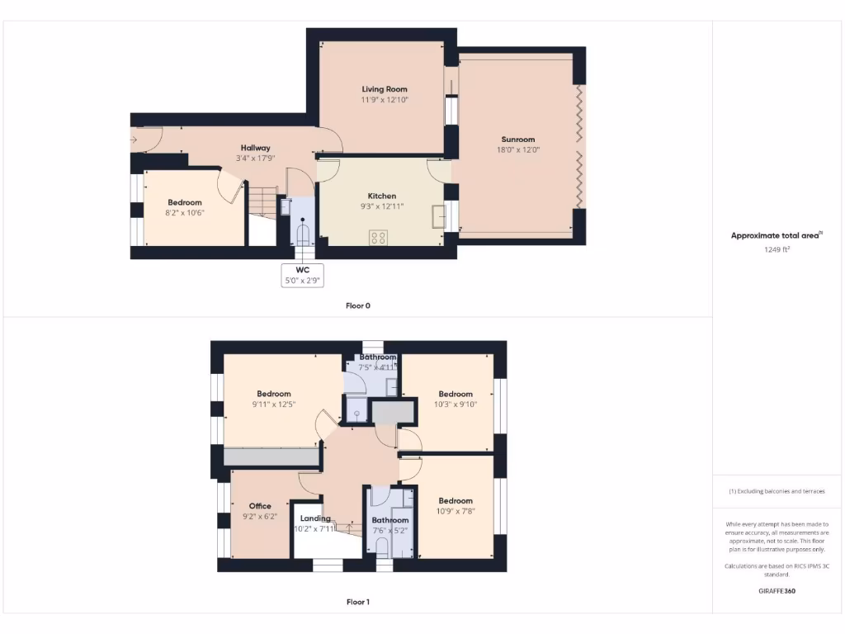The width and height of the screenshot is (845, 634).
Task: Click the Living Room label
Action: point(385,89)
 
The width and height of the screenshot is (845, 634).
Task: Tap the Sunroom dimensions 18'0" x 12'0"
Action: point(518,150)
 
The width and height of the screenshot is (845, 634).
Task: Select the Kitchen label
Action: point(382,196)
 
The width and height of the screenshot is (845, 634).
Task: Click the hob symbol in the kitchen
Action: point(379,237)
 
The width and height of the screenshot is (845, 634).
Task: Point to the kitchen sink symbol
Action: point(438,216)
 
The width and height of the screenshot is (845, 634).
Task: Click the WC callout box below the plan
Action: point(302,275)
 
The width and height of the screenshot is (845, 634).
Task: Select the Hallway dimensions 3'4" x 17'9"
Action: point(256,158)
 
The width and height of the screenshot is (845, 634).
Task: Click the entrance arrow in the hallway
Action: point(134,140)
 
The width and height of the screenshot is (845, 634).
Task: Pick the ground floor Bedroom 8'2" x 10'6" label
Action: point(185,202)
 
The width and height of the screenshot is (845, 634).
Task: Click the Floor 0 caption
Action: point(358,305)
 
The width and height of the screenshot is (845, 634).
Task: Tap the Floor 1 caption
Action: point(358,602)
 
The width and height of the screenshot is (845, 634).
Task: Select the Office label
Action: point(260,506)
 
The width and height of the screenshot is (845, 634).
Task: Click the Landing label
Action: point(315,518)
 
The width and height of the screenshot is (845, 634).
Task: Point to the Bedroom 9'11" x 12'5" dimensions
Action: point(273,405)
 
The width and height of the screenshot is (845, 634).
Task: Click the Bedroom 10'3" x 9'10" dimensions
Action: point(456,405)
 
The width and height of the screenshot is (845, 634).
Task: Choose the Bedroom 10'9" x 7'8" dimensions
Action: point(456,511)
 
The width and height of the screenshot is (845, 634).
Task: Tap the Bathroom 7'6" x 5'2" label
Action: point(389,520)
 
